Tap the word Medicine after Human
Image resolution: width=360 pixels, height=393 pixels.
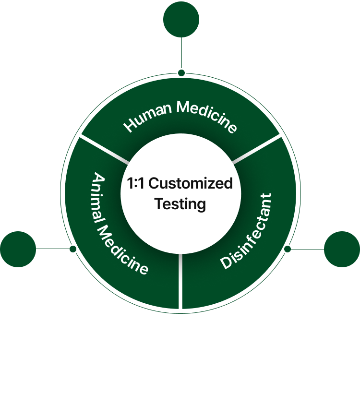pos(207,115)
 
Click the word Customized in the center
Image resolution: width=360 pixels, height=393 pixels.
pos(194,183)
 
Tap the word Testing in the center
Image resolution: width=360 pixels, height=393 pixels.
pos(180,204)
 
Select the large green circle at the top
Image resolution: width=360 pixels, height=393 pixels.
pos(181,19)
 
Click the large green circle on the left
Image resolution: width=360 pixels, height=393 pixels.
pos(18,249)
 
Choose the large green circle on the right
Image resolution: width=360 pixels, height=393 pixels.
pos(342,249)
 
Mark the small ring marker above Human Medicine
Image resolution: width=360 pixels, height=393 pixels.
pos(181,73)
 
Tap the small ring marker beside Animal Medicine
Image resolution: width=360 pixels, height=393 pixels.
pos(73,249)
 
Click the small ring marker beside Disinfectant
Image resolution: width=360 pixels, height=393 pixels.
pos(288,249)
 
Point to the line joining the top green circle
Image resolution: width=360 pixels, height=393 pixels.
pos(181,53)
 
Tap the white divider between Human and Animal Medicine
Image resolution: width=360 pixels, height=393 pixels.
pos(103,148)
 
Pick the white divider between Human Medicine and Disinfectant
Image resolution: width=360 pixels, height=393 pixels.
pos(258,148)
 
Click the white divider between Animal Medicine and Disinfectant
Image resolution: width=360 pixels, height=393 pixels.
pos(180,283)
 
